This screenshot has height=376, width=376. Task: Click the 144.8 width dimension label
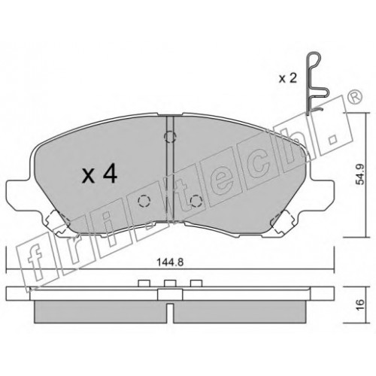pyautogui.click(x=170, y=262)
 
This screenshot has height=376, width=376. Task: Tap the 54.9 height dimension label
pyautogui.click(x=360, y=174)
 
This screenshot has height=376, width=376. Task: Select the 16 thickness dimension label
pyautogui.click(x=360, y=305)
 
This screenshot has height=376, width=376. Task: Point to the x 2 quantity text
pyautogui.click(x=288, y=78)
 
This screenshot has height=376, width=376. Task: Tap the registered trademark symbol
pyautogui.click(x=356, y=97)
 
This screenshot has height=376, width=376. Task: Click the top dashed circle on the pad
pyautogui.click(x=170, y=137)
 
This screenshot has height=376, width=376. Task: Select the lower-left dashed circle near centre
pyautogui.click(x=144, y=201)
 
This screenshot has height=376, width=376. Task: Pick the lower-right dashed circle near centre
pyautogui.click(x=196, y=201)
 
